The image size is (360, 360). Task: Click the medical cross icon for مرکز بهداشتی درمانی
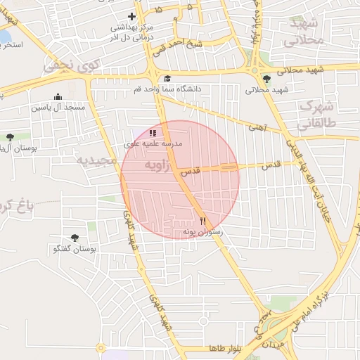pyautogui.click(x=131, y=15)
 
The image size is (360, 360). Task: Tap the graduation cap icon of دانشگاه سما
pyautogui.click(x=167, y=79)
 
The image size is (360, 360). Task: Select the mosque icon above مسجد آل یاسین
pyautogui.click(x=58, y=97)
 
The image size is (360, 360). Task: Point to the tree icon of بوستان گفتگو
pyautogui.click(x=75, y=238)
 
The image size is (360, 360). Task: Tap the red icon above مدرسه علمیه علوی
pyautogui.click(x=153, y=132)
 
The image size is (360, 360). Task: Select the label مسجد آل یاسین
pyautogui.click(x=58, y=108)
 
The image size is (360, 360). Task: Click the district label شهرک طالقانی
pyautogui.click(x=314, y=116)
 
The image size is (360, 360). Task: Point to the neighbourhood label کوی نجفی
pyautogui.click(x=72, y=66)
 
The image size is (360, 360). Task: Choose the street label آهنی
pyautogui.click(x=258, y=127)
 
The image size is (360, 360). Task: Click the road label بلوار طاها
pyautogui.click(x=225, y=349)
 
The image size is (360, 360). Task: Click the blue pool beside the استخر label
pyautogui.click(x=4, y=36)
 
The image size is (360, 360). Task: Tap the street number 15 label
pyautogui.click(x=157, y=9)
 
